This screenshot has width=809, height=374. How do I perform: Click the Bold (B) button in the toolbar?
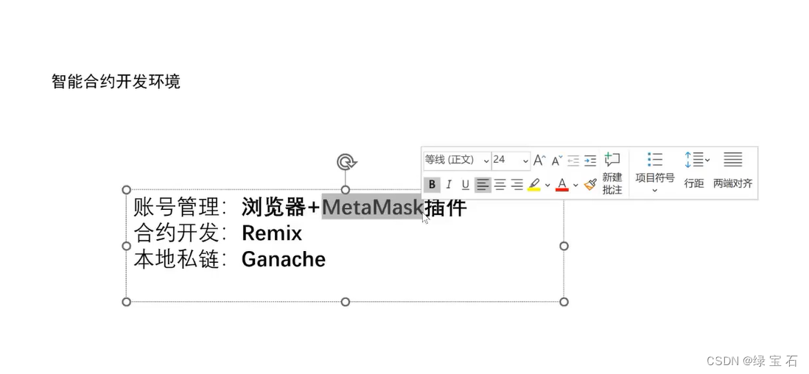pyautogui.click(x=432, y=185)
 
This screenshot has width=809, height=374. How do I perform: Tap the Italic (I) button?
pyautogui.click(x=449, y=185)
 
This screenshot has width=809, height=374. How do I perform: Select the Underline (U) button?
pyautogui.click(x=466, y=185)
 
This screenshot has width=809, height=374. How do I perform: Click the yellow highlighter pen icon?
pyautogui.click(x=534, y=185)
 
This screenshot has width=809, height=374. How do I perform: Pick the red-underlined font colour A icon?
pyautogui.click(x=562, y=185)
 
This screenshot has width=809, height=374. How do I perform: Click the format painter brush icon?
pyautogui.click(x=589, y=185)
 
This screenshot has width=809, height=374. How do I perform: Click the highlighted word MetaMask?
pyautogui.click(x=371, y=208)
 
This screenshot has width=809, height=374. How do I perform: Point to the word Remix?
pyautogui.click(x=272, y=233)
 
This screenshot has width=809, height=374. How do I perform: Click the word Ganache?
pyautogui.click(x=284, y=259)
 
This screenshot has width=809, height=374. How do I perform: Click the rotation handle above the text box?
pyautogui.click(x=346, y=162)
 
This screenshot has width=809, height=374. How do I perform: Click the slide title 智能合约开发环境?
pyautogui.click(x=116, y=81)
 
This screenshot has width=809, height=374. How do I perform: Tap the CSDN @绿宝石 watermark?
pyautogui.click(x=752, y=360)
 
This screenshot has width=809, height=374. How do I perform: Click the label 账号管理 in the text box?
pyautogui.click(x=177, y=208)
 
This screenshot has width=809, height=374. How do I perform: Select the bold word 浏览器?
pyautogui.click(x=273, y=208)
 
